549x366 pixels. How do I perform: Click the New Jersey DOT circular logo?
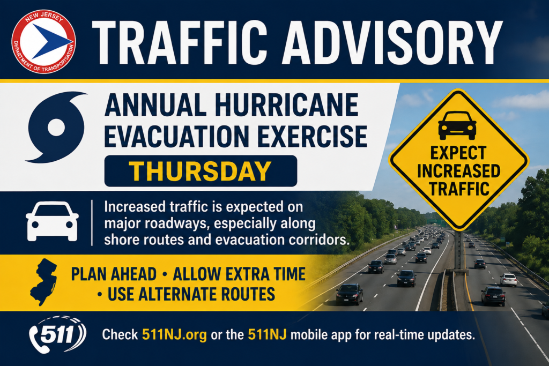coord(43,41)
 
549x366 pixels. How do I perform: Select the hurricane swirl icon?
coord(56,127)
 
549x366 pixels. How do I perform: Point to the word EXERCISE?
coord(313,137)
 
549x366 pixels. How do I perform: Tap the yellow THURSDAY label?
coord(201,171)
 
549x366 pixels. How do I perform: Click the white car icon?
coord(52,221)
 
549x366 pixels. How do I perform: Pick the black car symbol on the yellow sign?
coord(457,125)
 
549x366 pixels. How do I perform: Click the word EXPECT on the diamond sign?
coord(458,153)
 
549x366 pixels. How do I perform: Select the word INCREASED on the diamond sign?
coord(459,171)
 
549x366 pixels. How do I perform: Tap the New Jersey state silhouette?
coord(43,282)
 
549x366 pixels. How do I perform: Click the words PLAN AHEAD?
coord(114,274)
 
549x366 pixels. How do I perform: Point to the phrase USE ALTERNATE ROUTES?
coord(191,294)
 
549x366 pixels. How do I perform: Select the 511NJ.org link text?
coord(174,335)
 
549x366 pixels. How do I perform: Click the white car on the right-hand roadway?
coord(508,280)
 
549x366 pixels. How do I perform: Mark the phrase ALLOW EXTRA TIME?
coord(239,274)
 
